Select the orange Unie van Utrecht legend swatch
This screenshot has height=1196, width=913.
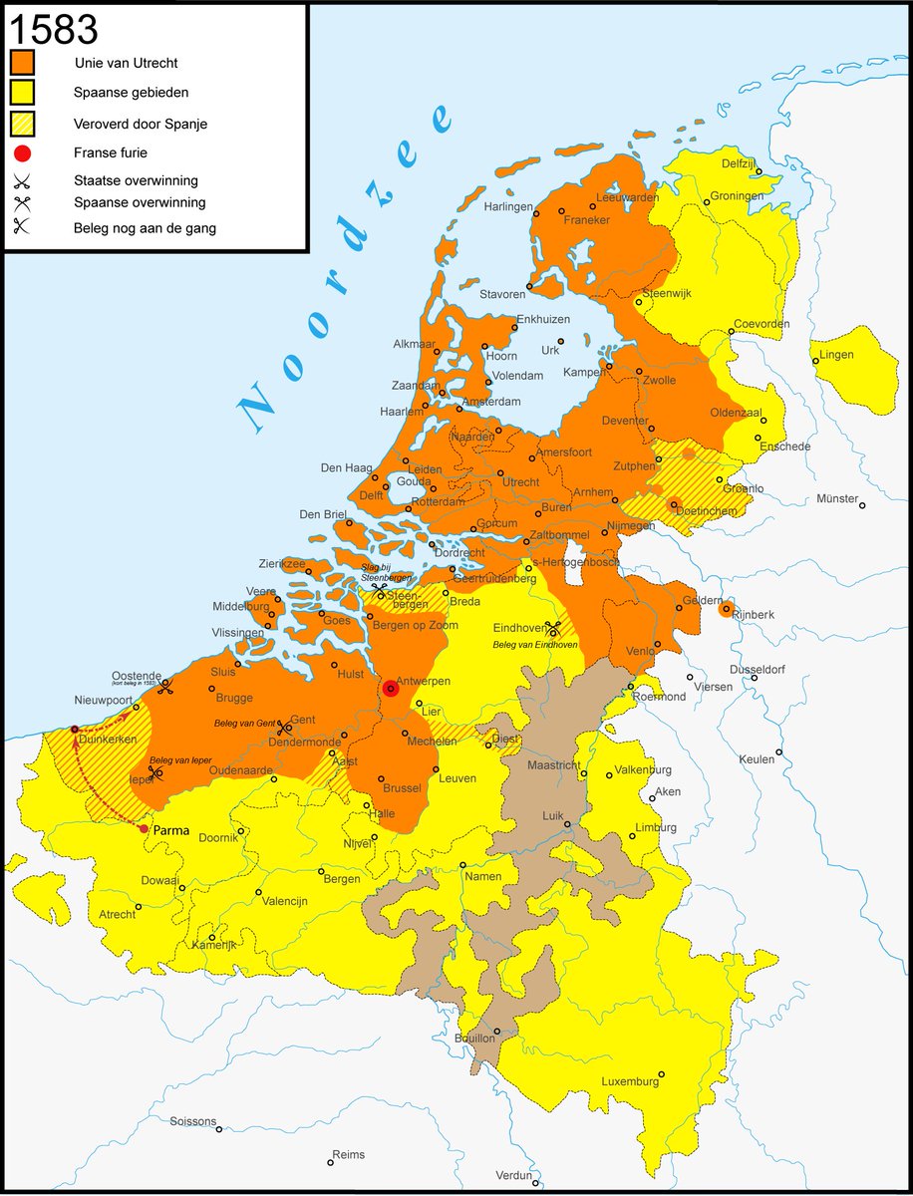point(23,62)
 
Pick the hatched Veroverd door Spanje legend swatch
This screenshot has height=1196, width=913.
point(23,125)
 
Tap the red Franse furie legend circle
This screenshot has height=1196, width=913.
point(23,153)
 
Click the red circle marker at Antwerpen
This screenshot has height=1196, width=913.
point(391,688)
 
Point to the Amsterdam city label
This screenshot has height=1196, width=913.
point(491,402)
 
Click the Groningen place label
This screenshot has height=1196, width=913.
point(738,196)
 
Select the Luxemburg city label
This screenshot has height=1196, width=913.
point(629,1081)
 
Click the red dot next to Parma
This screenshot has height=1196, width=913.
point(144,828)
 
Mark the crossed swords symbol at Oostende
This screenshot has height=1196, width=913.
point(165,686)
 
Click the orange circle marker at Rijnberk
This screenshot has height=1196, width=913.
point(726,608)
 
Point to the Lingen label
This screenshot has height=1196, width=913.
point(836,355)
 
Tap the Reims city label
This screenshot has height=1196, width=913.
point(348,1154)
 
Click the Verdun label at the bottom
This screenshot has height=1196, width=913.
point(513,1175)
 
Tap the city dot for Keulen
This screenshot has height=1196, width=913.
point(779,752)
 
